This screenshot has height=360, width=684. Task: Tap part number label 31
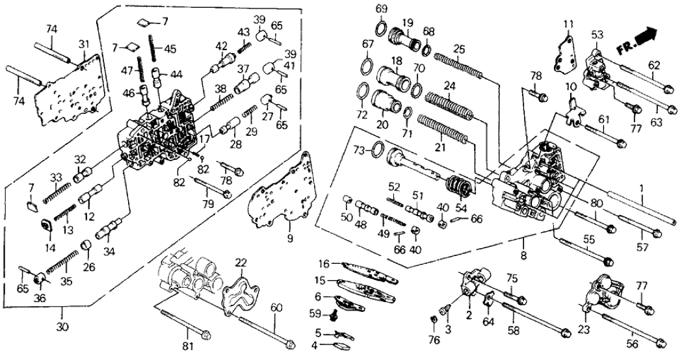pos(84,44)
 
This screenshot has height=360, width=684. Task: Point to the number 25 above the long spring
pos(459,49)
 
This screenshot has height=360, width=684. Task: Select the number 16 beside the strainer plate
pos(325,263)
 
